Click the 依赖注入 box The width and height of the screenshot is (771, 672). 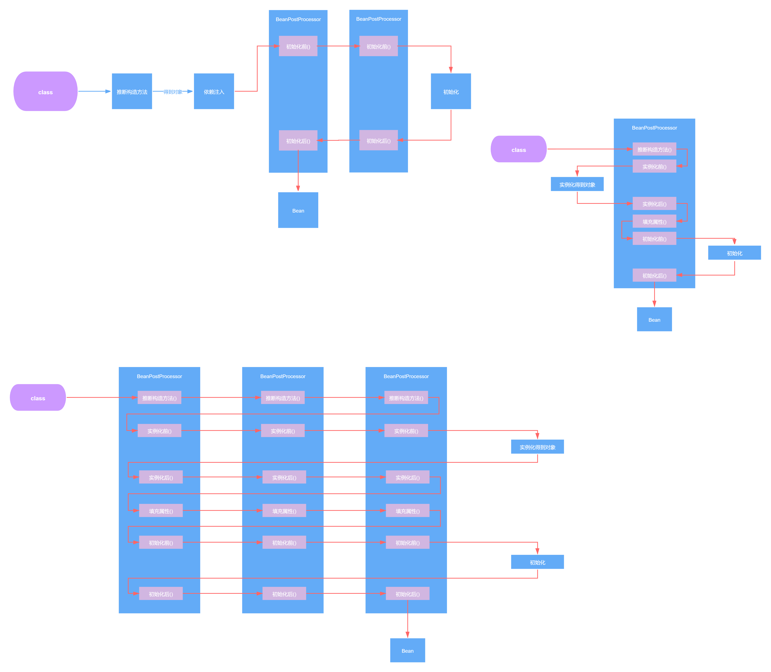click(214, 92)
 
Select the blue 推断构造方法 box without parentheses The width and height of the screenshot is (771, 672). click(132, 92)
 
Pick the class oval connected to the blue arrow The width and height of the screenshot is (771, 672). click(45, 92)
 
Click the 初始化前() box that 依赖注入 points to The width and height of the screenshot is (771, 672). click(298, 46)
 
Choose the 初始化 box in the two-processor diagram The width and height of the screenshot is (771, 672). click(451, 92)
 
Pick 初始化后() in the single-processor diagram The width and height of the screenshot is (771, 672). click(654, 275)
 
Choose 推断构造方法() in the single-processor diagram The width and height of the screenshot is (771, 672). click(654, 149)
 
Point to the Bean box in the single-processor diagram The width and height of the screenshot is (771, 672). click(654, 320)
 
